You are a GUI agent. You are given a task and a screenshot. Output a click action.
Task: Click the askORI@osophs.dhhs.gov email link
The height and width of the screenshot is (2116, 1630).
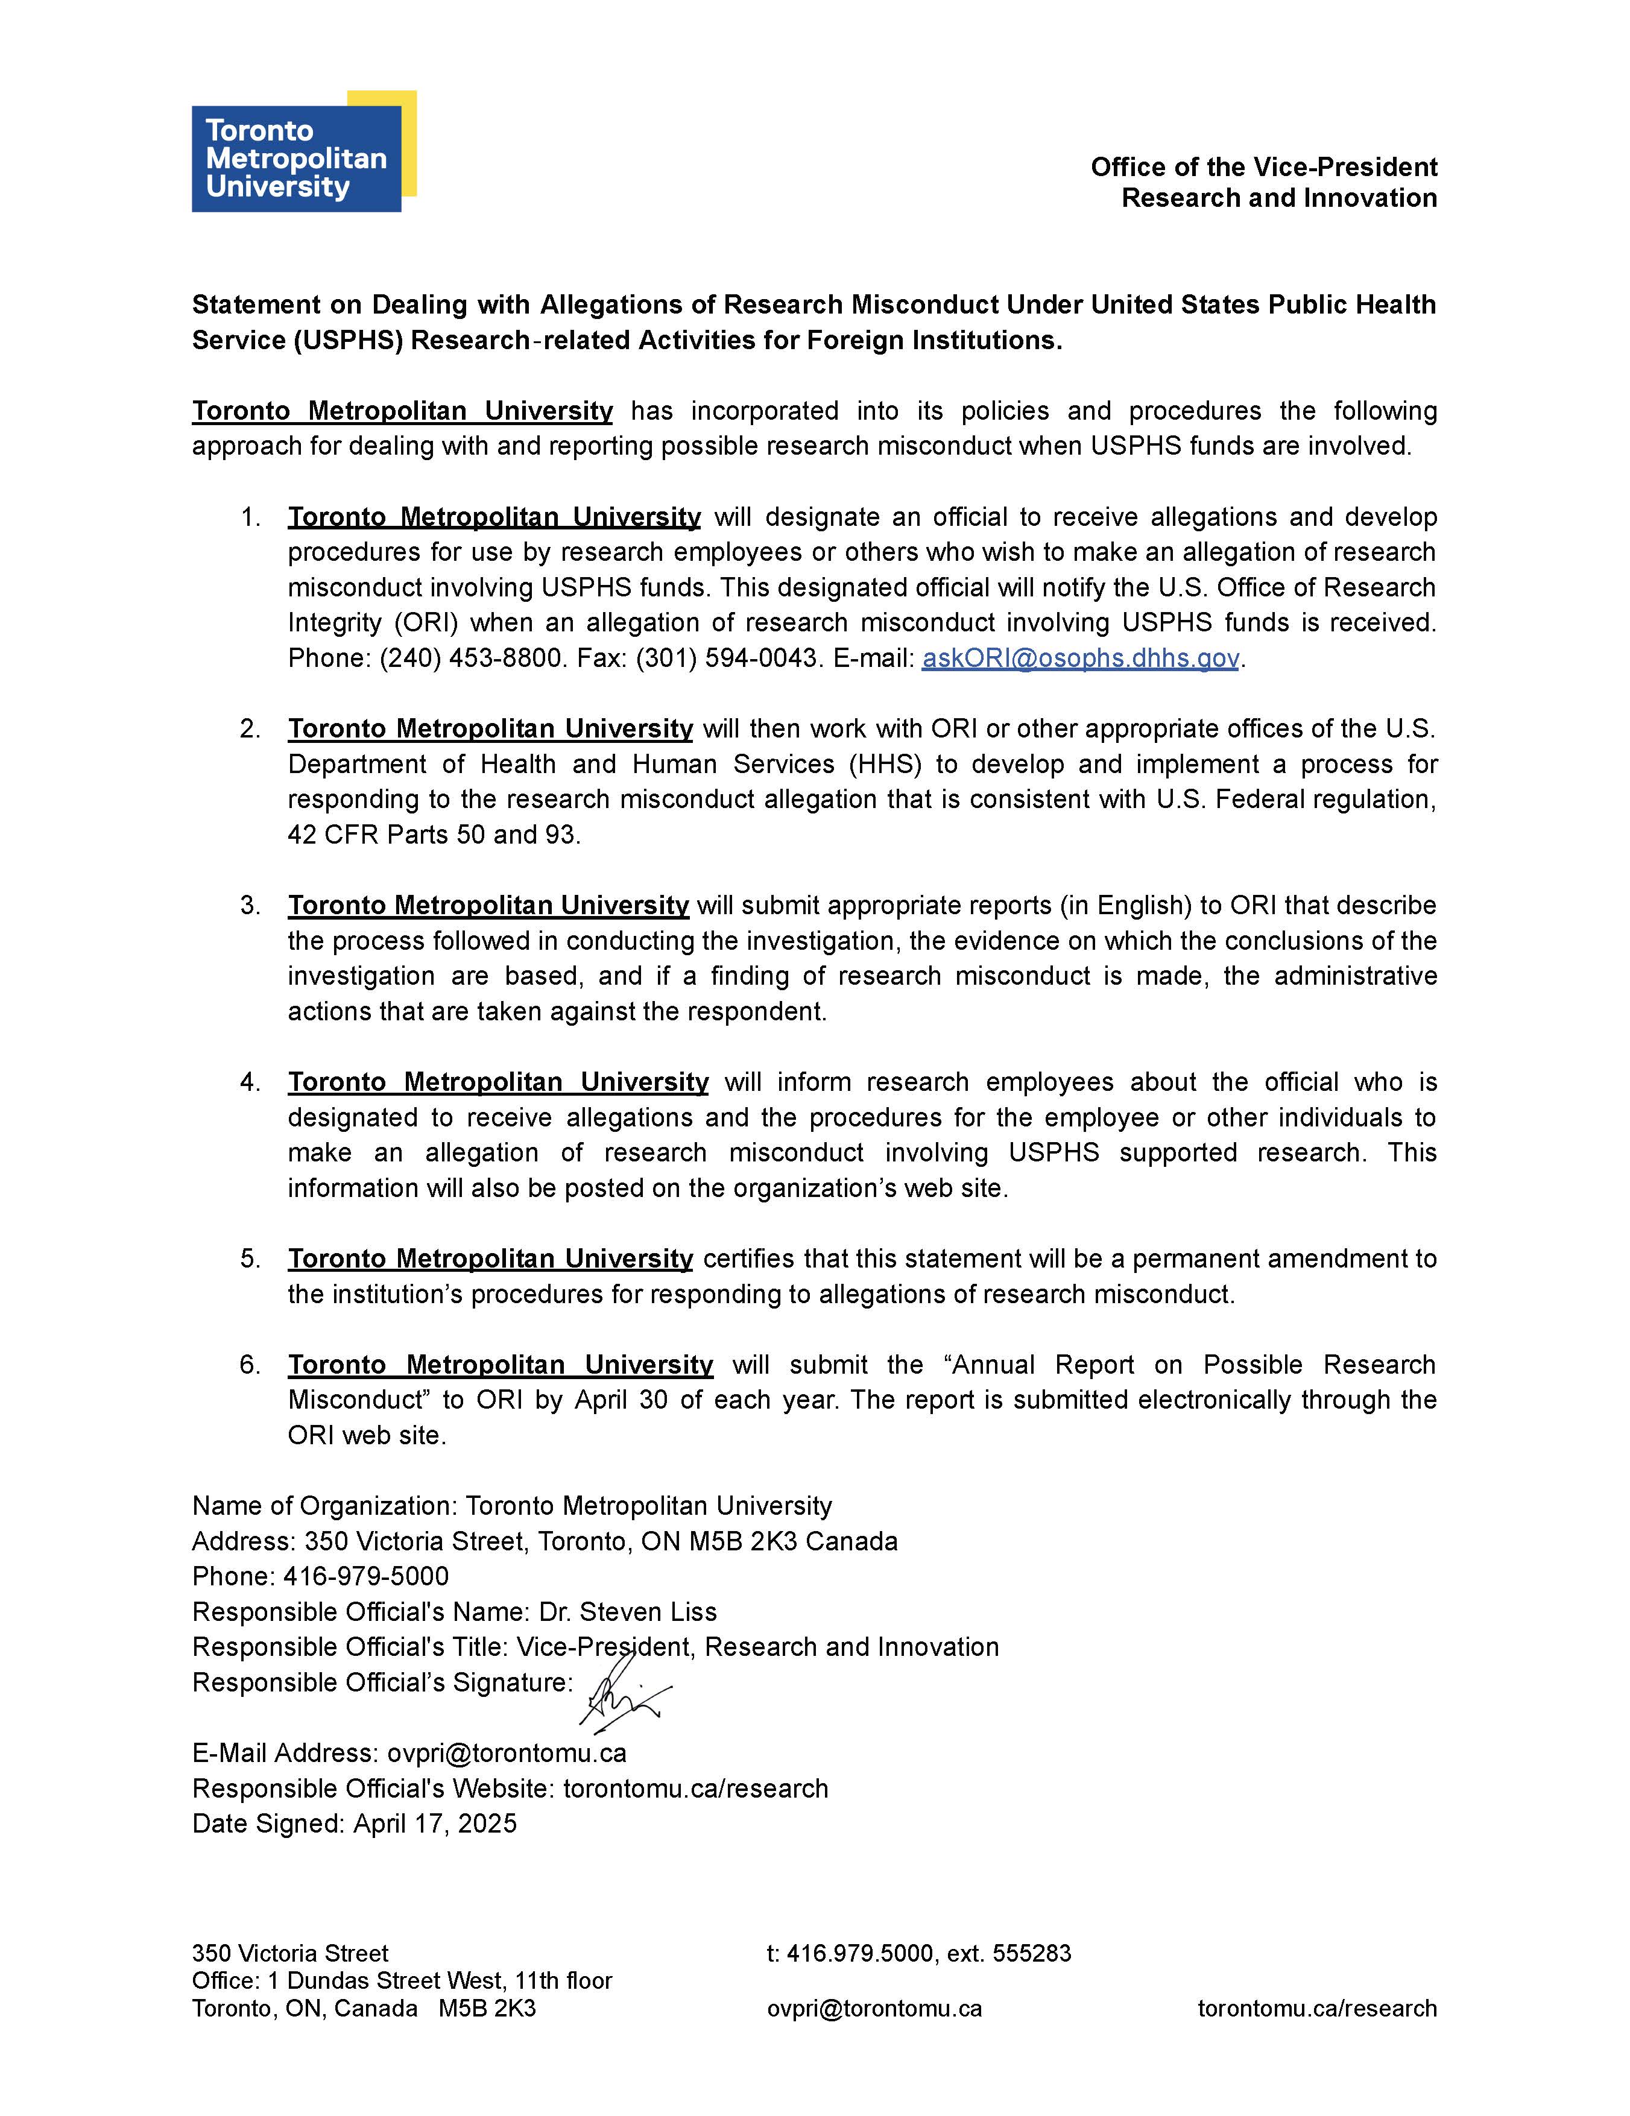tap(1079, 659)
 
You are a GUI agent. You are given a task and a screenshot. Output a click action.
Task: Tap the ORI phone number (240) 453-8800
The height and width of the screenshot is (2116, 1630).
tap(471, 659)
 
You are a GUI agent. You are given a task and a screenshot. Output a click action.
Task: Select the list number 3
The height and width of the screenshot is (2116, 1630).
tap(250, 906)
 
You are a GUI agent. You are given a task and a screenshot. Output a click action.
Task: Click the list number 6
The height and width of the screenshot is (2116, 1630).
tap(250, 1365)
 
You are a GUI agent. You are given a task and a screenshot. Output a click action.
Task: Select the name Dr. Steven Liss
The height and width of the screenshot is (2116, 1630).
tap(628, 1612)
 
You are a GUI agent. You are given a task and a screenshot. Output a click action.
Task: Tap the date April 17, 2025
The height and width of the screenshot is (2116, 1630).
tap(435, 1824)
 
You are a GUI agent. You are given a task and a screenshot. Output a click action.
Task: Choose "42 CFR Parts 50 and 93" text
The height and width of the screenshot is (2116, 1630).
tap(433, 835)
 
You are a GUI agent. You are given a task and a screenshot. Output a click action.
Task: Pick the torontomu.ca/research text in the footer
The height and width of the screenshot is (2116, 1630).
tap(1316, 2009)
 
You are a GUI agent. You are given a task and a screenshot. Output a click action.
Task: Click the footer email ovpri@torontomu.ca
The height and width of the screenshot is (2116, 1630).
tap(874, 2009)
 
